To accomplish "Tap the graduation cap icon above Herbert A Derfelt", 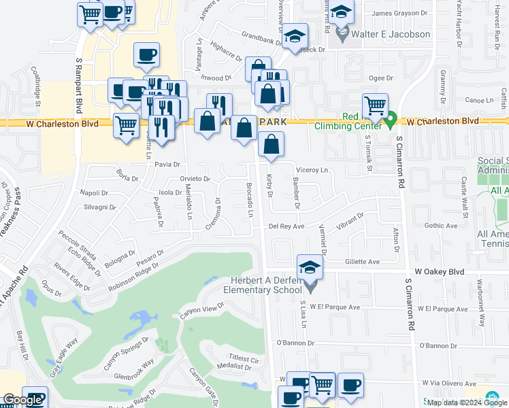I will (310, 267).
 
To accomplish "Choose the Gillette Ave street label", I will (362, 261).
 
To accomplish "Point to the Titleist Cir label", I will (244, 358).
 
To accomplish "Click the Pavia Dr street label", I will (167, 165).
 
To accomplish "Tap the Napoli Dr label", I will (94, 193).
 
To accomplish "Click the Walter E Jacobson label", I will (391, 34).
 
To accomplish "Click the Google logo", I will (23, 400).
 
